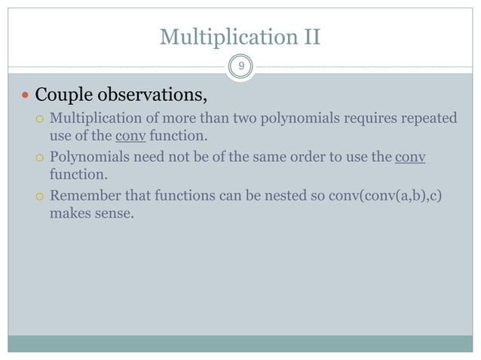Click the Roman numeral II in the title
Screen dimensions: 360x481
coord(310,36)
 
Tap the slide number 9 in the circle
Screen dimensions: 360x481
coord(240,67)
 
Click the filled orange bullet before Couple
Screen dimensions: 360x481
coord(26,96)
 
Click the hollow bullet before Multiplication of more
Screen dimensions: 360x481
coord(41,119)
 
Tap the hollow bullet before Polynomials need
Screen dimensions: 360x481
coord(41,158)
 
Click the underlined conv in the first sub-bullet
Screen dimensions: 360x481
coord(130,138)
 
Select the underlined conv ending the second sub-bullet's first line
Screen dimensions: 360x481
coord(409,157)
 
